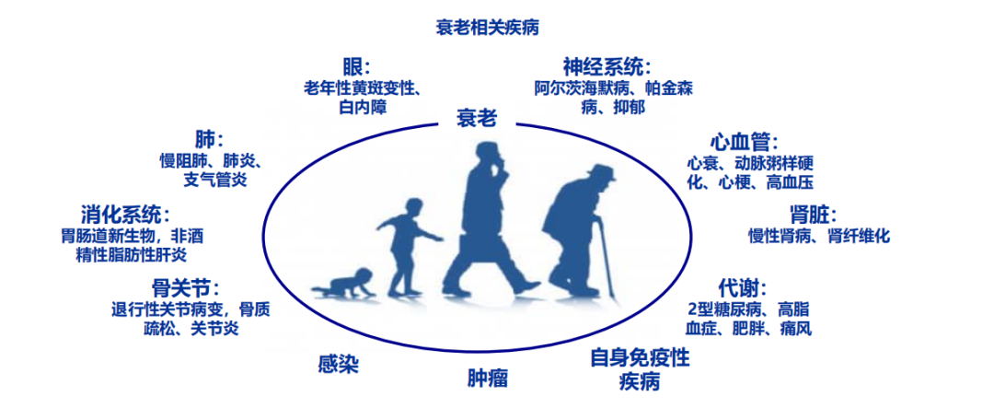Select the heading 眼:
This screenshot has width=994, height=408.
[355, 67]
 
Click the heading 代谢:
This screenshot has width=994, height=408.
[743, 287]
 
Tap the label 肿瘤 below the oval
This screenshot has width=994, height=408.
[488, 379]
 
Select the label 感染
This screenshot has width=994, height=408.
[338, 364]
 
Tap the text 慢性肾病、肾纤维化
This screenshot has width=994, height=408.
[819, 237]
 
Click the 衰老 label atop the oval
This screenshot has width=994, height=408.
[477, 118]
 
